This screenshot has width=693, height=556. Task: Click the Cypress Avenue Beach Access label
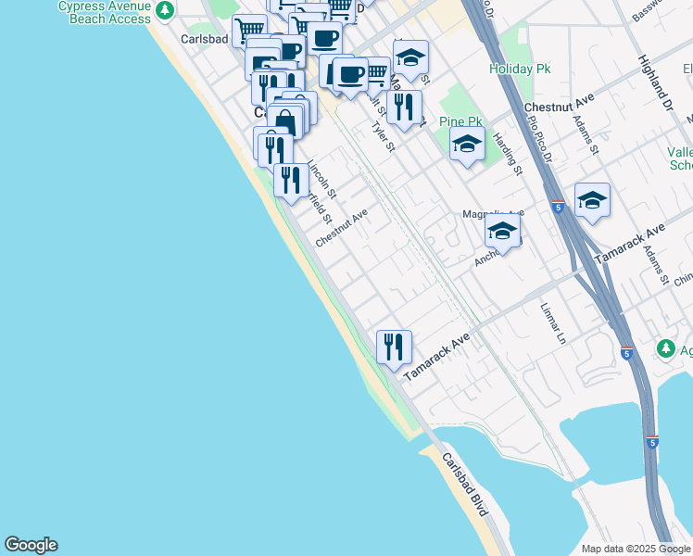click(x=104, y=12)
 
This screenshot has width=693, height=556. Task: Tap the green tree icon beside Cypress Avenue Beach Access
click(x=165, y=11)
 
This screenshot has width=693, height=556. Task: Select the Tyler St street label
click(x=383, y=136)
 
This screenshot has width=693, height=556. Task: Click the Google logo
click(x=31, y=545)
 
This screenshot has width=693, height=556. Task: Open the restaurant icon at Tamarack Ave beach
click(x=394, y=347)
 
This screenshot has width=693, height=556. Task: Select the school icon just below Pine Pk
click(x=467, y=144)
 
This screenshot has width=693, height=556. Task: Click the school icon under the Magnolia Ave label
click(x=502, y=232)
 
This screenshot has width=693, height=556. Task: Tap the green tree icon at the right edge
click(x=665, y=348)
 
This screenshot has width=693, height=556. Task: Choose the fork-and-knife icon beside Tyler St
click(x=404, y=107)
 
